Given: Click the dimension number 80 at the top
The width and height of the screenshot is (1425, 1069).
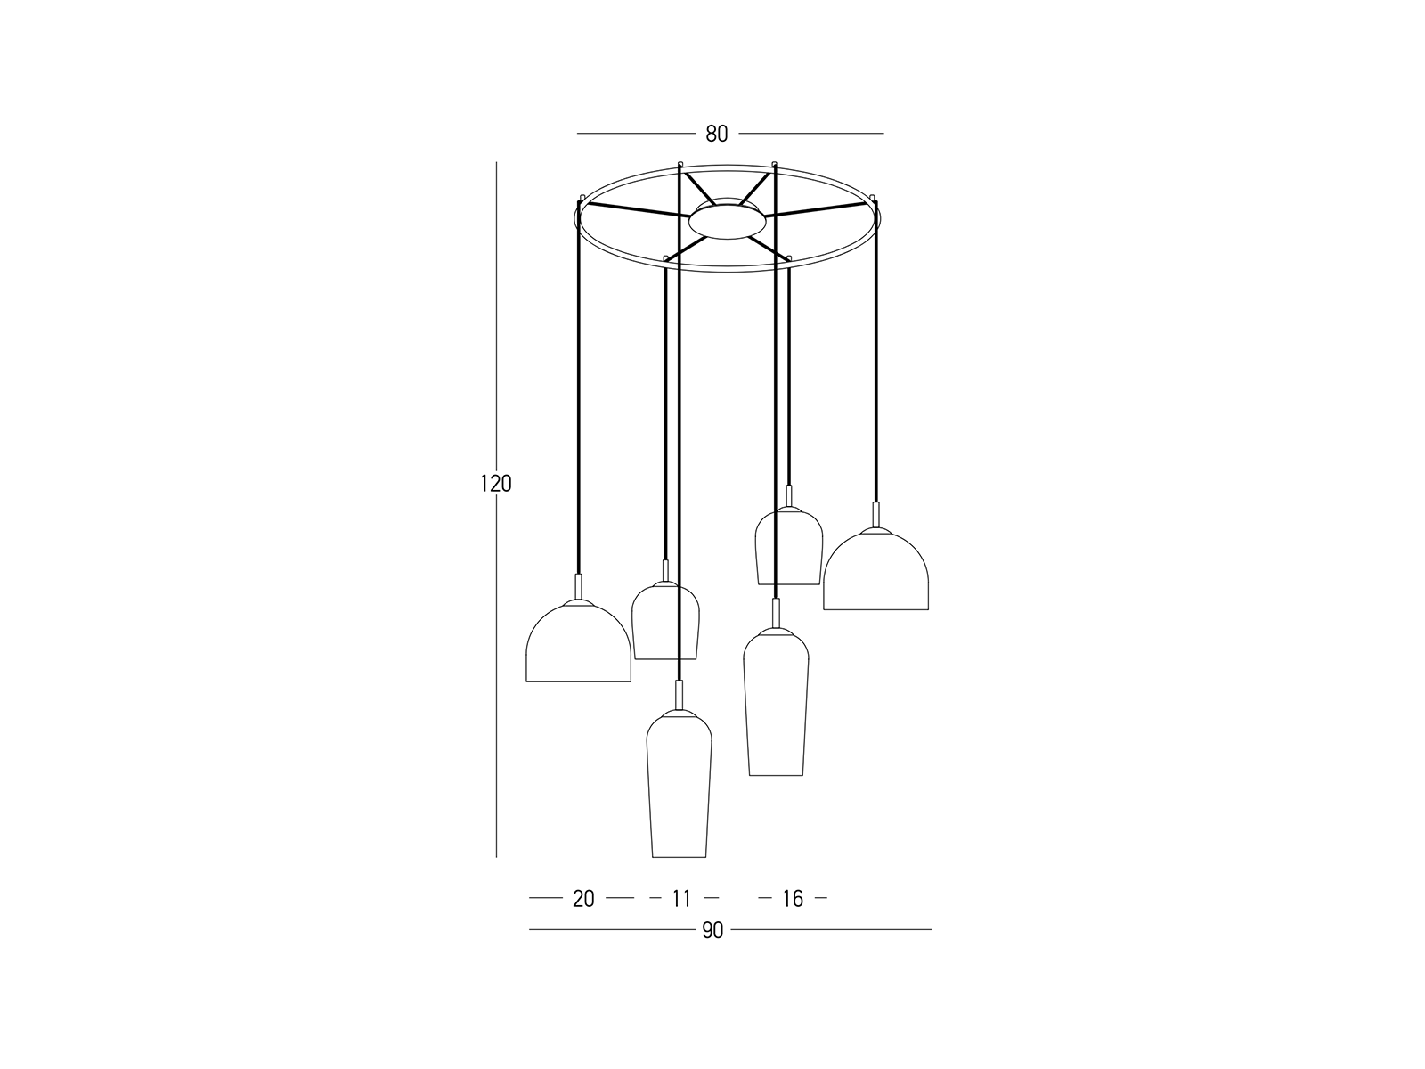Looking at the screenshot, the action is tap(717, 134).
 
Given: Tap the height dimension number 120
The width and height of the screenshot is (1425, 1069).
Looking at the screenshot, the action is tap(496, 484).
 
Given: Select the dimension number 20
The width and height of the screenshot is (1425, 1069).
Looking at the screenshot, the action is tap(583, 899).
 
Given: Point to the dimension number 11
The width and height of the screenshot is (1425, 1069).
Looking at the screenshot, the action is tap(681, 899).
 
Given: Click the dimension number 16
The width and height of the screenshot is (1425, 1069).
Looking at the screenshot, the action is tap(793, 899).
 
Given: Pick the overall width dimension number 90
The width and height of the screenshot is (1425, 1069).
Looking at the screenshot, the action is tap(712, 931).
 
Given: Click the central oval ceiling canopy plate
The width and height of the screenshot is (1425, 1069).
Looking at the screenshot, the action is tap(727, 222).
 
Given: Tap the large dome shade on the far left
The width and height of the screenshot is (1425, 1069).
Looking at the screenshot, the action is tap(578, 641).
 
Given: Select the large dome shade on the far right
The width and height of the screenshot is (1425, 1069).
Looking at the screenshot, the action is tap(875, 569).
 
